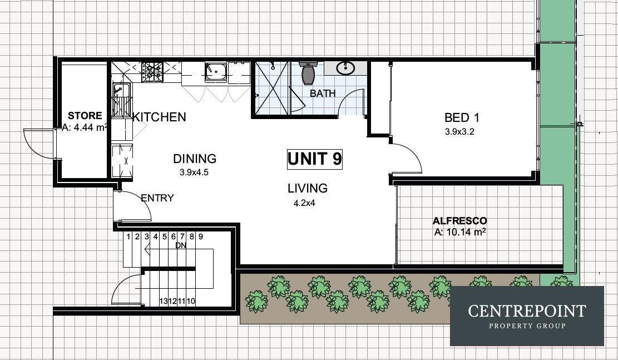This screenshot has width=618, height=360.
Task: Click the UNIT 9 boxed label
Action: [314, 159]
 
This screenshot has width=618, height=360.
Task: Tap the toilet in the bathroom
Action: [308, 72]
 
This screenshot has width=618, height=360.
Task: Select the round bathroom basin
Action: [345, 68]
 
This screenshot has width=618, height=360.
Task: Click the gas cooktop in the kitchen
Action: [152, 71]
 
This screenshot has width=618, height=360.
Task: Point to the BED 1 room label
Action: [462, 117]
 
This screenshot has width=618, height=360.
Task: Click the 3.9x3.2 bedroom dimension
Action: [459, 132]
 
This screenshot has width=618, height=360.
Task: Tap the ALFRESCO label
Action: [459, 221]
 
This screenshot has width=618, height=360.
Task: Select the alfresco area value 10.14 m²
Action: [459, 232]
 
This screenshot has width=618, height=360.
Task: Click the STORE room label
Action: [85, 116]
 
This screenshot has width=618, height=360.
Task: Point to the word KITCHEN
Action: [159, 117]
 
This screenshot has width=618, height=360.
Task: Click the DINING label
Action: [195, 159]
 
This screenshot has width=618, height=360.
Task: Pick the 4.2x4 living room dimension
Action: [304, 204]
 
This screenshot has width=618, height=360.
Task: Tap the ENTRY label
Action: [157, 198]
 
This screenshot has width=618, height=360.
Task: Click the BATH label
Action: [323, 93]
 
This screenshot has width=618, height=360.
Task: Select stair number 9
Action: [201, 236]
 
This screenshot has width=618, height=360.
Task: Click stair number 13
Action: [164, 301]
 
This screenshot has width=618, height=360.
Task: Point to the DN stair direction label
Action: [181, 245]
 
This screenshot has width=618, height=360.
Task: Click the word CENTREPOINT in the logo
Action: [527, 311]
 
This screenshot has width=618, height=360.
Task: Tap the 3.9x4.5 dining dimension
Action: [194, 172]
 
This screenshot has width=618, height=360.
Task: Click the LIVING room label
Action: [308, 188]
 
